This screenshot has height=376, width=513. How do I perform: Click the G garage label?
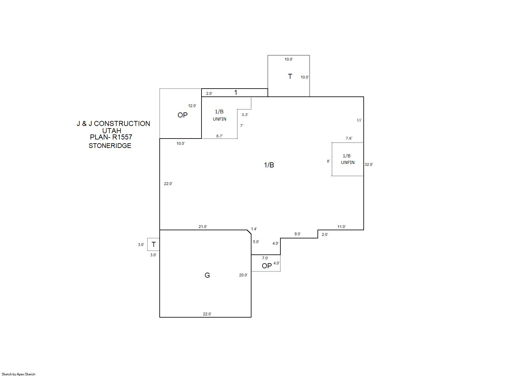point(207,275)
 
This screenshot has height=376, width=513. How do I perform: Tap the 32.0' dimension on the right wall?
point(369,164)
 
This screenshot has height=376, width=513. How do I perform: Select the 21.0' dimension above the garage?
point(203,226)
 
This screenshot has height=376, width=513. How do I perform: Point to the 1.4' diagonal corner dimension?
point(254,229)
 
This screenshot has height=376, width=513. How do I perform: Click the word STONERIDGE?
point(110,145)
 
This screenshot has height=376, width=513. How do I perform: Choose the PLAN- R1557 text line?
point(111,137)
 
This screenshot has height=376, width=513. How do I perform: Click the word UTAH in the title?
point(112,131)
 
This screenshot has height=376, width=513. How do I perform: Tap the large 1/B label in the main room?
point(269,165)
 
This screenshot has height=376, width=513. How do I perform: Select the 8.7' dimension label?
point(219,136)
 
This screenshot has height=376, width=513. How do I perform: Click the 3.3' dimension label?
point(245,115)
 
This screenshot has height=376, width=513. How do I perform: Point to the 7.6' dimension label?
point(349,138)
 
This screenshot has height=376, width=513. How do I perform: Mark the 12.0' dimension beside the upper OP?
point(192,106)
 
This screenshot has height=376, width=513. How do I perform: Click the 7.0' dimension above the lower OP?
point(265,258)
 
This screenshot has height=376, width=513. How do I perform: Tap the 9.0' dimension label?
point(297,234)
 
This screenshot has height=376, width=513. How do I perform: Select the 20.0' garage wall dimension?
point(243,275)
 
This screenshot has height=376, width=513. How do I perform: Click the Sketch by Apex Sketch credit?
point(19,374)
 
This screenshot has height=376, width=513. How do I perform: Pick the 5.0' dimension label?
point(256,242)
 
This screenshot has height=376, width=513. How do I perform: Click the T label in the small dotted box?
point(154,244)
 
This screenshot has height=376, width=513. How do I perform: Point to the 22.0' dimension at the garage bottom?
point(207,314)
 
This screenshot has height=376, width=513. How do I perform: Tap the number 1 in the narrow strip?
point(236,92)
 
